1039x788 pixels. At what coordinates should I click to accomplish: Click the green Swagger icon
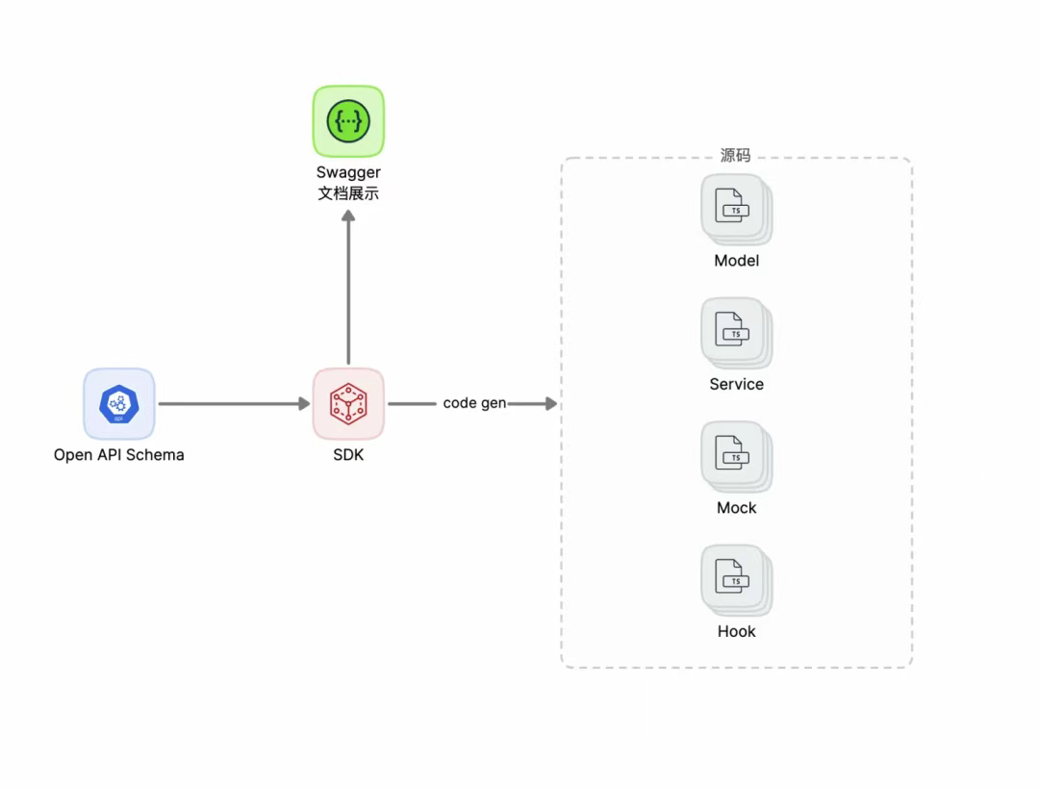click(348, 121)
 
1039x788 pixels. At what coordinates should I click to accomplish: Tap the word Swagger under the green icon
click(348, 173)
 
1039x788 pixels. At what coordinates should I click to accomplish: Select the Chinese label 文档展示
click(348, 193)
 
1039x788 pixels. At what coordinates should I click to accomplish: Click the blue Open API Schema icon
click(118, 404)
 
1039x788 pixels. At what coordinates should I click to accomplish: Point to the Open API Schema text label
click(118, 455)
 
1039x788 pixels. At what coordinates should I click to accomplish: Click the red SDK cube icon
click(348, 404)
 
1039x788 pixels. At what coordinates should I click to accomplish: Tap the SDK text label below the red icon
click(348, 455)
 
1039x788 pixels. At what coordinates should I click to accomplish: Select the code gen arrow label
click(474, 403)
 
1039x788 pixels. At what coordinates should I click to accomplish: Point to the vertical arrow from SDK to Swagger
click(348, 289)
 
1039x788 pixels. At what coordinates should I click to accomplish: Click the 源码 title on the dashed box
click(735, 155)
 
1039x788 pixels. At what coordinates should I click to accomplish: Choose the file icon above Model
click(736, 209)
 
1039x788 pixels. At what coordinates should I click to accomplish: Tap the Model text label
click(736, 261)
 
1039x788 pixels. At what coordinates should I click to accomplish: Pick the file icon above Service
click(736, 332)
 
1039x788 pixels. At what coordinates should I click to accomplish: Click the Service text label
click(736, 384)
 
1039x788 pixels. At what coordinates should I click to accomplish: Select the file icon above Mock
click(736, 456)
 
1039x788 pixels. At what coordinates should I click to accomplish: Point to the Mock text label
click(736, 508)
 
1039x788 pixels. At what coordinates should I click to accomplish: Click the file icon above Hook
click(736, 579)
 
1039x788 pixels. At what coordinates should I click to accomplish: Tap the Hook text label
click(736, 631)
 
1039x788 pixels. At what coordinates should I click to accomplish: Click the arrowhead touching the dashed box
click(550, 404)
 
